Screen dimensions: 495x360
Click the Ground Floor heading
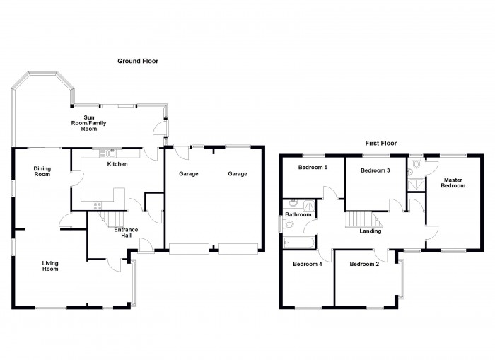[x=138, y=61]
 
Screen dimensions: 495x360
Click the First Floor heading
[x=380, y=143]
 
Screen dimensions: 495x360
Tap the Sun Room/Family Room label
[x=88, y=123]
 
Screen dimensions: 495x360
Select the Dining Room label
[x=42, y=171]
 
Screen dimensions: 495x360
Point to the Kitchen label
[x=117, y=164]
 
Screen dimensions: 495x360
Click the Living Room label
[x=50, y=266]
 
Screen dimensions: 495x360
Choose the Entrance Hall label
[x=126, y=233]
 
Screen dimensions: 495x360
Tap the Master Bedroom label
[x=453, y=183]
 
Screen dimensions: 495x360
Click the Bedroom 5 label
[x=313, y=168]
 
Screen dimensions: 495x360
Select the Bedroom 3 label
[x=375, y=170]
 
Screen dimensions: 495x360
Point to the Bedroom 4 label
[x=307, y=264]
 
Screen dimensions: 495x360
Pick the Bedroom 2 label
[x=364, y=264]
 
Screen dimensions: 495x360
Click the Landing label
[x=371, y=231]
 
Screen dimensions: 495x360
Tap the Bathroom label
[x=298, y=215]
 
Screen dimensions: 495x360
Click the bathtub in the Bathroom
[x=298, y=243]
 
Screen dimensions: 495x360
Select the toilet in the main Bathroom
[x=288, y=224]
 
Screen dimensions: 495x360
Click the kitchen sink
[x=107, y=153]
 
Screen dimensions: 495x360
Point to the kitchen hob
[x=98, y=206]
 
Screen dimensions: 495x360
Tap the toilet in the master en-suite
[x=417, y=163]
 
